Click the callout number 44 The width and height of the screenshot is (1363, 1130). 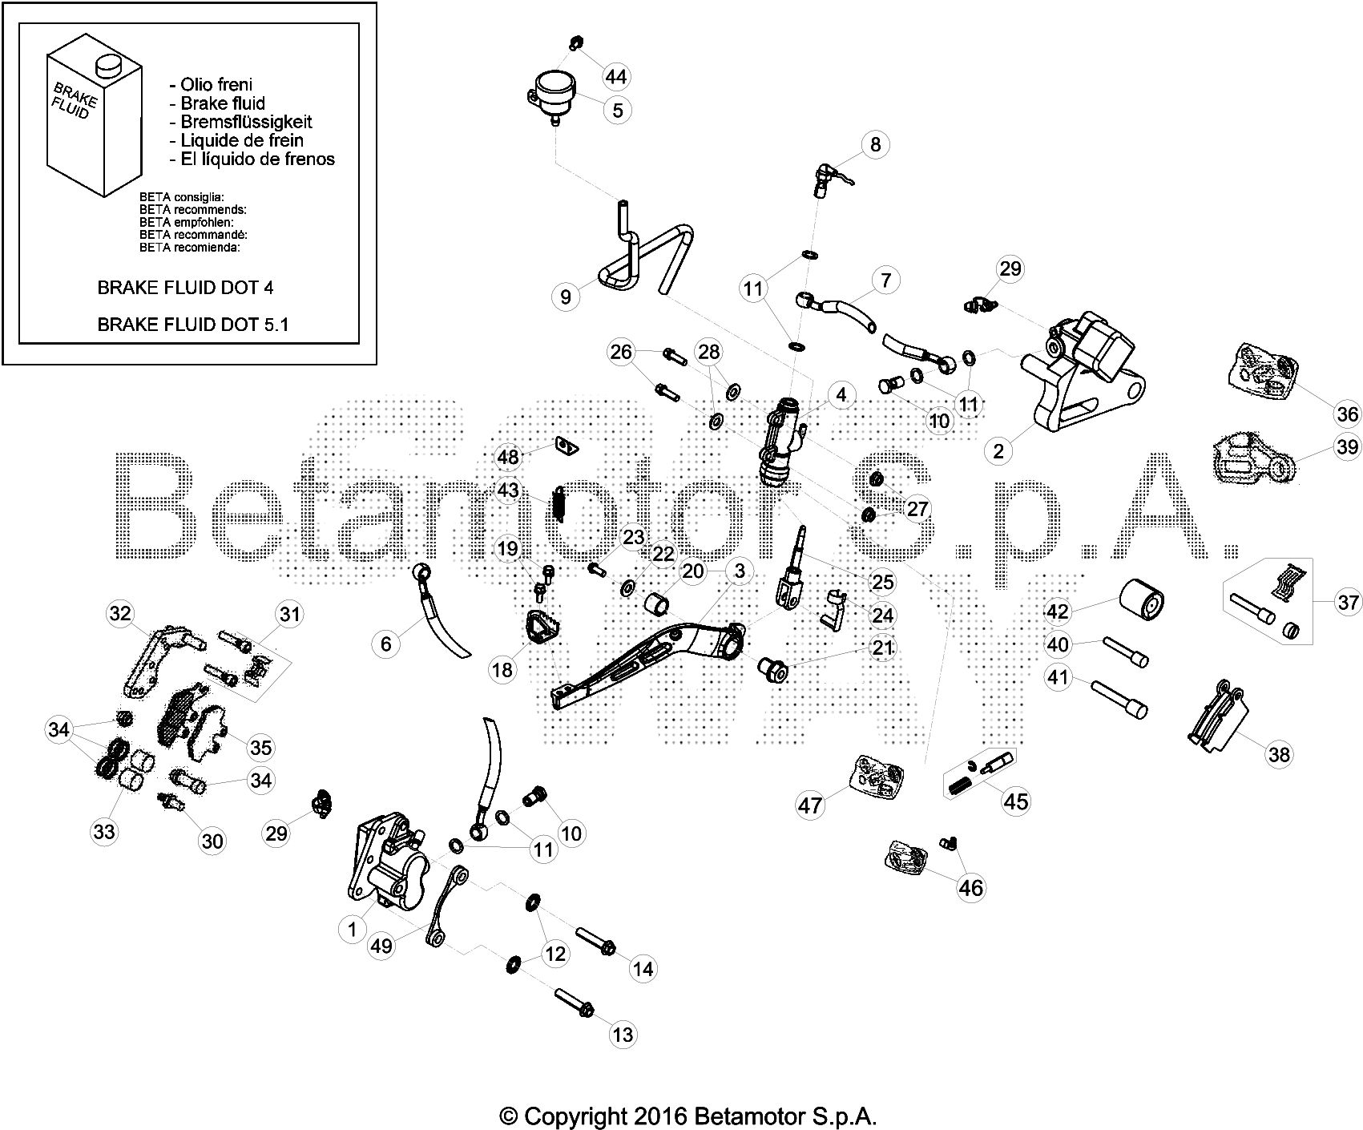(x=615, y=77)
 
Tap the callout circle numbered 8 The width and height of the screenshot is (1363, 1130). (x=875, y=143)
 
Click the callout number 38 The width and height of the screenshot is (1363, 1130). (x=1280, y=753)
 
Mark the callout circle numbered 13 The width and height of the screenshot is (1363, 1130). (x=623, y=1034)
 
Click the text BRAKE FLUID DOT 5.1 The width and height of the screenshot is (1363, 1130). (x=192, y=325)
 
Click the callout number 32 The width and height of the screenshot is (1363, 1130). (x=120, y=615)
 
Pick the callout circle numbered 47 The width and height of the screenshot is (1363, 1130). (x=811, y=804)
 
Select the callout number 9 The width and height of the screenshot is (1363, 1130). (x=566, y=297)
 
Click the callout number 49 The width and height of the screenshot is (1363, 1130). (x=382, y=946)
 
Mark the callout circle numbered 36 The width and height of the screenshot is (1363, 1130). (x=1347, y=413)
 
